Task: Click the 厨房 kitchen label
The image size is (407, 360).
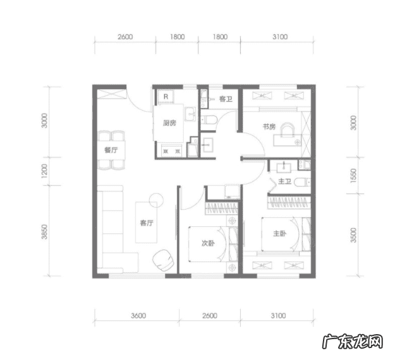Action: (x=169, y=123)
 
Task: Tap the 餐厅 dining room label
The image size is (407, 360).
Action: (x=111, y=150)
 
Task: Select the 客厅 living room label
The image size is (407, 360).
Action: (x=147, y=223)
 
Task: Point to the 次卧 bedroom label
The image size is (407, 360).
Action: (x=208, y=243)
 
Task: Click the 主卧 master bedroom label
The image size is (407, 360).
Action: (x=279, y=234)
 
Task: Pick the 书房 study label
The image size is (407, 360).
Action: (x=269, y=126)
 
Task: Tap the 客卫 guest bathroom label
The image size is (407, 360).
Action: (x=226, y=99)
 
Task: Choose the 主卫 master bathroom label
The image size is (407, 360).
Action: (x=285, y=181)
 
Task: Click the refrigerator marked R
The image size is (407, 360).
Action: (x=166, y=97)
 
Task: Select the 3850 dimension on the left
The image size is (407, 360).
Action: (x=45, y=232)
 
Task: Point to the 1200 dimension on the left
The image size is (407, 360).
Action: (x=45, y=171)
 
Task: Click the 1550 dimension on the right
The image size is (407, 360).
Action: (x=353, y=176)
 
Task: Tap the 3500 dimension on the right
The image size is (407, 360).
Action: (x=353, y=235)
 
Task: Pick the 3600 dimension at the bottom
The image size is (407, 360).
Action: (x=138, y=316)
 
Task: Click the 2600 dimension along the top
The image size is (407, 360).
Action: (x=125, y=37)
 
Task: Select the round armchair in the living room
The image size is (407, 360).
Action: (x=163, y=260)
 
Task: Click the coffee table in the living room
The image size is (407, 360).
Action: (x=146, y=222)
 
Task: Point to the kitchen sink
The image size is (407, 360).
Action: (x=191, y=114)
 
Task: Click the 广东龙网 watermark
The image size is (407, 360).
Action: (x=353, y=341)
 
